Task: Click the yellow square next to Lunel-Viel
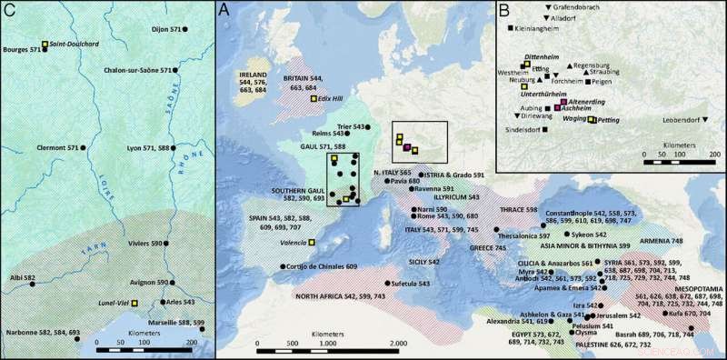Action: pyautogui.click(x=134, y=302)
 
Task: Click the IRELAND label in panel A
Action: pyautogui.click(x=255, y=75)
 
